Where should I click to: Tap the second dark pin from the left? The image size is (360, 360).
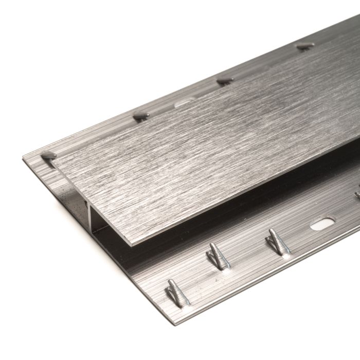click(140, 115)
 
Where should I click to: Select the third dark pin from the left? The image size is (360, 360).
click(225, 81)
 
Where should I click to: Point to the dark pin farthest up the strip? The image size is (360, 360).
click(305, 46)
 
